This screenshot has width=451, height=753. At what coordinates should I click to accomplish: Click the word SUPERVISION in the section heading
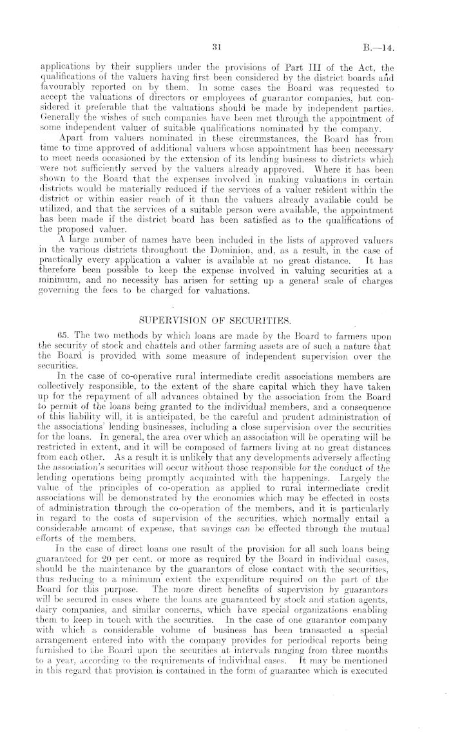coord(169,319)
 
